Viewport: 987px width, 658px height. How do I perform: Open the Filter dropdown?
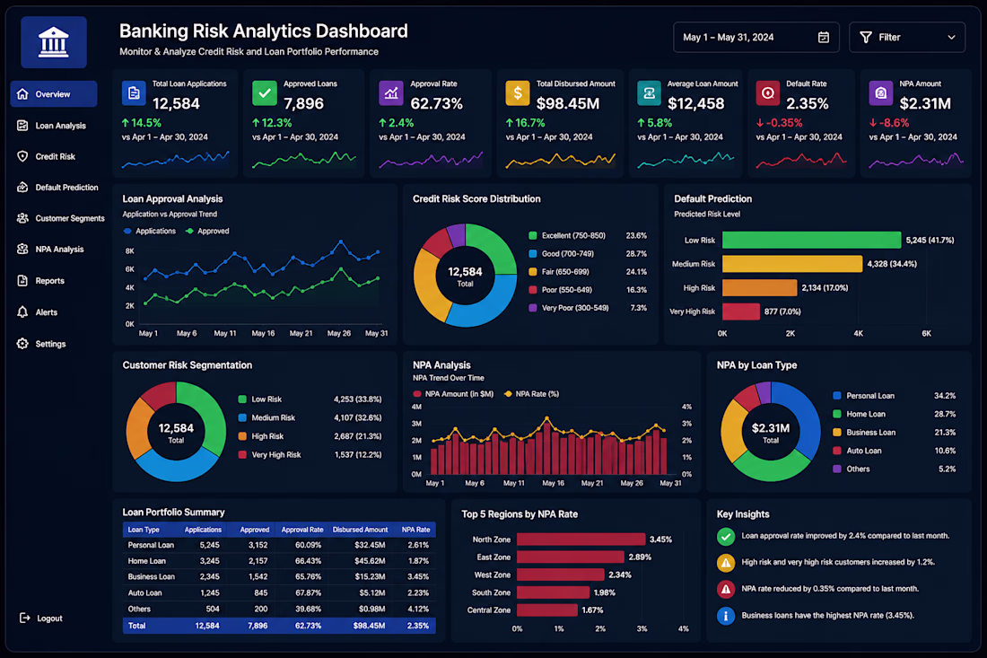coord(906,37)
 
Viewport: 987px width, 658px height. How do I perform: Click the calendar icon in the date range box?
coord(824,37)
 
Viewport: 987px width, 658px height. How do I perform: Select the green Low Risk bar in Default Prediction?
coord(811,240)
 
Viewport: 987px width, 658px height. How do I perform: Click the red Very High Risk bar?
coord(741,311)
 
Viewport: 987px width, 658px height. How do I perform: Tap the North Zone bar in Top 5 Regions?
coord(581,539)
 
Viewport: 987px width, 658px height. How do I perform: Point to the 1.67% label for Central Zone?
coord(592,610)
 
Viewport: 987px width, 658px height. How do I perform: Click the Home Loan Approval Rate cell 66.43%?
coord(308,560)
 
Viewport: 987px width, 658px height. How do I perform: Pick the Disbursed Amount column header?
coord(360,530)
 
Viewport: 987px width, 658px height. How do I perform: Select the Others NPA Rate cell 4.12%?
coord(418,609)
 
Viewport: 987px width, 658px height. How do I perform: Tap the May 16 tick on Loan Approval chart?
coord(263,333)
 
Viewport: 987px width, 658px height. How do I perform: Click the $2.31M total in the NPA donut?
coord(771,428)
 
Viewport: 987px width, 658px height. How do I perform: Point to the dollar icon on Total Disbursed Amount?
coord(518,93)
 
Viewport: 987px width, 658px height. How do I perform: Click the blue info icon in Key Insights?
coord(725,615)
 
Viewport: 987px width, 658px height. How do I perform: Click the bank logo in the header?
coord(54,42)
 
